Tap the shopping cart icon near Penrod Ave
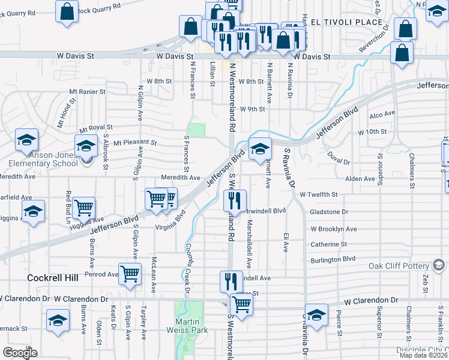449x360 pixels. tap(130, 274)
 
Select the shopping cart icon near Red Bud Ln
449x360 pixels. tap(84, 208)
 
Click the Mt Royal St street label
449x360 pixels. tap(96, 128)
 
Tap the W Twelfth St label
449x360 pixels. tap(319, 195)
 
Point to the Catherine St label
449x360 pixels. tap(329, 244)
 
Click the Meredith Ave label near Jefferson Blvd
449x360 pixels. tap(181, 178)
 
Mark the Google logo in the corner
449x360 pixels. tap(20, 353)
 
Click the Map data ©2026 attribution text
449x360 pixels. tap(423, 355)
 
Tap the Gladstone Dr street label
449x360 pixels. tap(329, 212)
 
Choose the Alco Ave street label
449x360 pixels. tap(382, 114)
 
